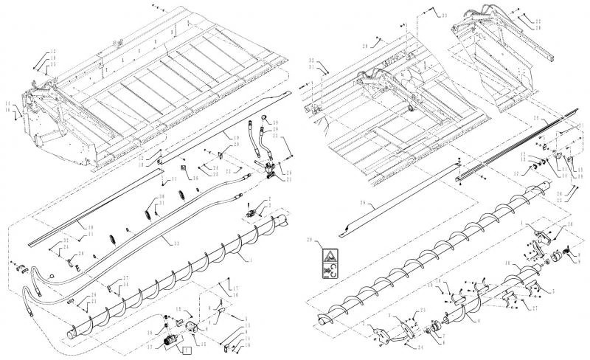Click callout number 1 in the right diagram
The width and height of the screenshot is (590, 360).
[x=521, y=224]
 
